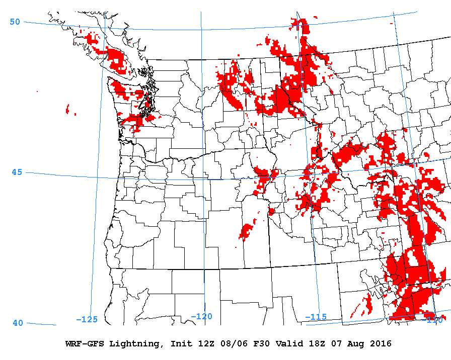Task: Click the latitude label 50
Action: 15,22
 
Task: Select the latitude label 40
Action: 18,323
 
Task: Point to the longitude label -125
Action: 87,319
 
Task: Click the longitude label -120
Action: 202,316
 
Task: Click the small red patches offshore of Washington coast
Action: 67,109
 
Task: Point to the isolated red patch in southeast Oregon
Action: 247,230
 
